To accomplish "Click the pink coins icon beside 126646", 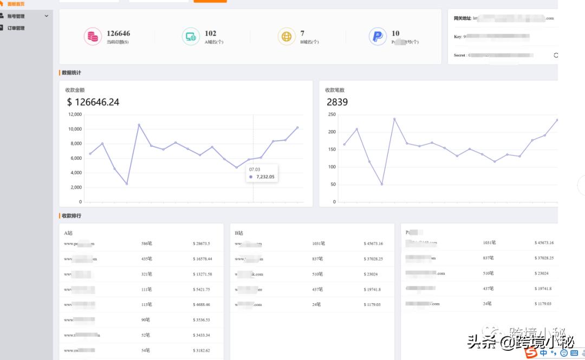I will [93, 37].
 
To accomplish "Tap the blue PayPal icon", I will [378, 37].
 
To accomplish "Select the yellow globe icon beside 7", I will [286, 37].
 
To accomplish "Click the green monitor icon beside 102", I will [190, 37].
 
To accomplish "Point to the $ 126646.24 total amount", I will [93, 102].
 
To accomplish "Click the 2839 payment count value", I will [337, 102].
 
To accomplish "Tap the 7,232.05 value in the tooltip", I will [265, 176].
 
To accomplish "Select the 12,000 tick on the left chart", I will [75, 114].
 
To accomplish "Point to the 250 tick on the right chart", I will [331, 114].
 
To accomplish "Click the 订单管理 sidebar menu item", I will [16, 28].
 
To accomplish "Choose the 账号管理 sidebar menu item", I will [16, 16].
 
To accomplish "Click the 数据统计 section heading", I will [71, 73].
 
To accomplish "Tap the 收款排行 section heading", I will [71, 215].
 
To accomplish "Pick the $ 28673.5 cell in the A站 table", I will [201, 244].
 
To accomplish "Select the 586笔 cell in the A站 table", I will [146, 244].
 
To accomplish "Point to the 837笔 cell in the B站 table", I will [318, 259].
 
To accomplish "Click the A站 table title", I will [68, 233].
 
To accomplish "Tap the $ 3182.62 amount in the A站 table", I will [201, 350].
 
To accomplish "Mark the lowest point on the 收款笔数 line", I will [382, 184].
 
